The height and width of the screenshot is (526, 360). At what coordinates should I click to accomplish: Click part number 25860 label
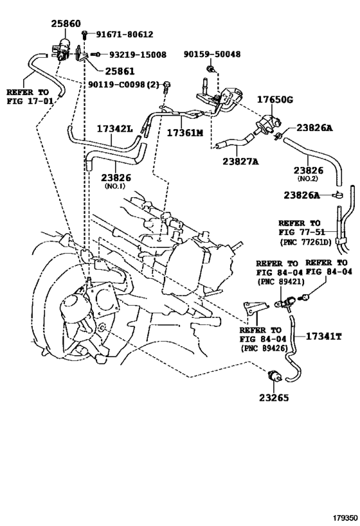[66, 24]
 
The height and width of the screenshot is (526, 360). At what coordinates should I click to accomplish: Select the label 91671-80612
[124, 34]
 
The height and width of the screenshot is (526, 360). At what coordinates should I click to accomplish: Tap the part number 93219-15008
[138, 55]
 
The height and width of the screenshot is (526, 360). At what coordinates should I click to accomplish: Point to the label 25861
[120, 71]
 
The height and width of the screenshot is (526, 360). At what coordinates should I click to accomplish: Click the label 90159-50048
[212, 54]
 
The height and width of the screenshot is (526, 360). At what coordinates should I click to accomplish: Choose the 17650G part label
[275, 100]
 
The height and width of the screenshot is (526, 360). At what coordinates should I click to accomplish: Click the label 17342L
[115, 128]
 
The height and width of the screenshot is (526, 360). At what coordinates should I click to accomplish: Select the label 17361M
[185, 133]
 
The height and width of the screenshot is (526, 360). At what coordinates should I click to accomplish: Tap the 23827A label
[241, 161]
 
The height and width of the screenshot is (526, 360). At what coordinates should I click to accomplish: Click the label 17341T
[324, 336]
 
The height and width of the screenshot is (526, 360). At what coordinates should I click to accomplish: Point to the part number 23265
[274, 398]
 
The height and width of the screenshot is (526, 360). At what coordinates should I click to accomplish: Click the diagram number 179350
[345, 518]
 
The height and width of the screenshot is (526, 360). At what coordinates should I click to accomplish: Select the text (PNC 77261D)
[305, 241]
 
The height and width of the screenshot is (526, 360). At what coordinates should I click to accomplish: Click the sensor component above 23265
[274, 376]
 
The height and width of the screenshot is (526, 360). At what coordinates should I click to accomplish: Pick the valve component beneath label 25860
[62, 49]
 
